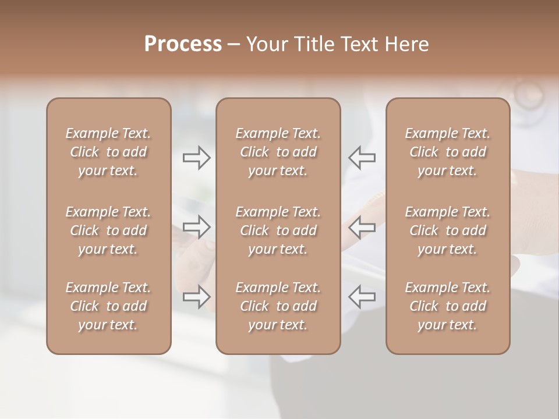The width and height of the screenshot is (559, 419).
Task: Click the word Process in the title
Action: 183,44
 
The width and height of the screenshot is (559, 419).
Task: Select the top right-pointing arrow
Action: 197,158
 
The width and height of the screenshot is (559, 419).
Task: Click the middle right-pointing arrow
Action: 197,226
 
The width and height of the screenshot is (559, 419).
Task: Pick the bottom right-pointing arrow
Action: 197,296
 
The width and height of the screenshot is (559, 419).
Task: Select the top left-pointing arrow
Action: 362,158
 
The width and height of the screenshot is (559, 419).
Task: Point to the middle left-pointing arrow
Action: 362,226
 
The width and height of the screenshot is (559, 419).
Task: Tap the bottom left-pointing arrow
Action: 362,296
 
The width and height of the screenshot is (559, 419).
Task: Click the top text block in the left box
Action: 108,152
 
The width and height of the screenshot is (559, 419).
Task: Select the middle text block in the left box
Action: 108,230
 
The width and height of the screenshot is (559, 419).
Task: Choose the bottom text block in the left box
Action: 108,306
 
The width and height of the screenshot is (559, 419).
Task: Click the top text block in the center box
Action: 278,152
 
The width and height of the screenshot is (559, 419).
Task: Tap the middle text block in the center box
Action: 278,230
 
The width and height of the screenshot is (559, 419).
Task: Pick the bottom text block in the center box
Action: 278,306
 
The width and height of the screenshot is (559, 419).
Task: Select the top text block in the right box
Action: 448,152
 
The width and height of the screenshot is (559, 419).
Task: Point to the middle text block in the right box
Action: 448,230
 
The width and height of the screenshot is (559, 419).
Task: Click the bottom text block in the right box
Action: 448,306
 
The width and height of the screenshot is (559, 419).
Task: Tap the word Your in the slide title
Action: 265,44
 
